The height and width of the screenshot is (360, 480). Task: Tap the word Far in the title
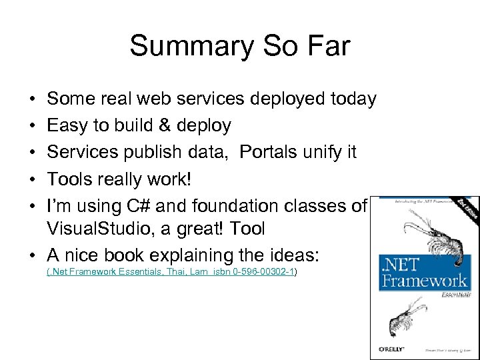(x=325, y=46)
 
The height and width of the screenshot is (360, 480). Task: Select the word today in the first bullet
(x=353, y=99)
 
